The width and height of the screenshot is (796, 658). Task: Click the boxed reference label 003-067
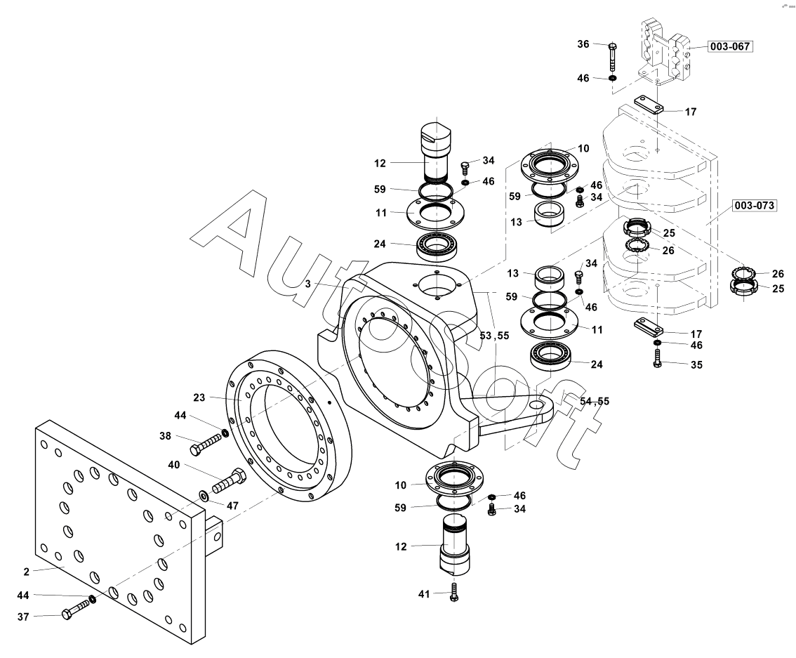click(x=729, y=46)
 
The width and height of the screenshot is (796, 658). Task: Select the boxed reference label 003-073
click(x=755, y=205)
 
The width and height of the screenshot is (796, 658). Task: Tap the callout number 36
click(x=583, y=44)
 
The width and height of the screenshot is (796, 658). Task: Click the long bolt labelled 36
click(x=612, y=57)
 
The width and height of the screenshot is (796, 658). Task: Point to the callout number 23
click(x=199, y=397)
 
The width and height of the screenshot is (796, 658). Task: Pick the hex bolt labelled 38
click(x=205, y=444)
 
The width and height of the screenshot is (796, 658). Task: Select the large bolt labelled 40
click(x=228, y=481)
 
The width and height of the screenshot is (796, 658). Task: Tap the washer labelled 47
click(x=203, y=494)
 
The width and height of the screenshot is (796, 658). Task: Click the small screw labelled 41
click(x=454, y=592)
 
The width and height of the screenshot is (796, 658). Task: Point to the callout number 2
click(x=27, y=572)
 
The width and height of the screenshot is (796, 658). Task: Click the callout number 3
click(x=307, y=284)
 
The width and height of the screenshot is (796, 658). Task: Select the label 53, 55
click(x=494, y=336)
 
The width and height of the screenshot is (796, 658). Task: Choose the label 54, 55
click(x=594, y=401)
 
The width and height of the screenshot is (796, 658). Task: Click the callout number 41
click(x=424, y=594)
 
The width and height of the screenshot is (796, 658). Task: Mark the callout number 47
click(x=232, y=506)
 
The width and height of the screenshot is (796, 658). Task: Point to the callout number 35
click(x=696, y=364)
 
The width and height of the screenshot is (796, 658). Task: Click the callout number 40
click(x=173, y=465)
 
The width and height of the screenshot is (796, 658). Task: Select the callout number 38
click(x=166, y=436)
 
